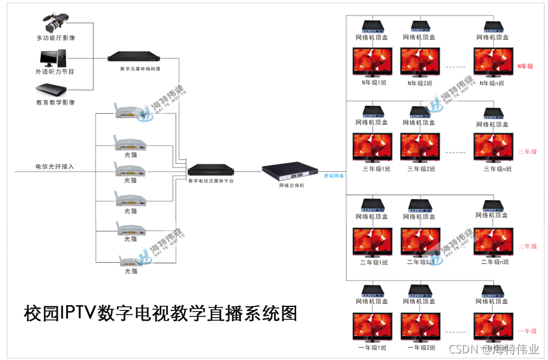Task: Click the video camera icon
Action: (x=58, y=23)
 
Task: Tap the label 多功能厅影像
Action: (x=55, y=38)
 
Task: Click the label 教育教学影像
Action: (x=55, y=103)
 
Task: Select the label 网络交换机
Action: (x=292, y=185)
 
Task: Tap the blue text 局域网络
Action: (x=334, y=176)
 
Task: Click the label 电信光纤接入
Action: (x=55, y=166)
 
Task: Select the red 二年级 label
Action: (x=527, y=246)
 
